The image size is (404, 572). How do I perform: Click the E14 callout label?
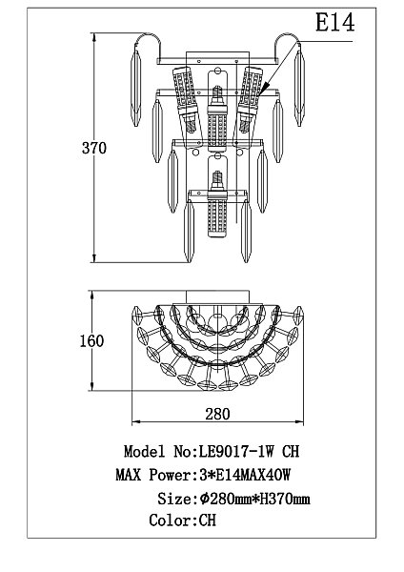pyautogui.click(x=334, y=22)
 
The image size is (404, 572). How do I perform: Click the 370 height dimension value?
pyautogui.click(x=94, y=148)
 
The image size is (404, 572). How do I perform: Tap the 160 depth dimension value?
pyautogui.click(x=91, y=340)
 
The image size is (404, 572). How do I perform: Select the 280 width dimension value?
pyautogui.click(x=217, y=414)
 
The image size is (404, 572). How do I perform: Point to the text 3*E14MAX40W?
pyautogui.click(x=246, y=475)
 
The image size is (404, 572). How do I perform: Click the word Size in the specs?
pyautogui.click(x=173, y=499)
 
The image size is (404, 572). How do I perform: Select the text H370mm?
pyautogui.click(x=284, y=499)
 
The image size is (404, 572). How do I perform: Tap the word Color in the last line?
pyautogui.click(x=172, y=521)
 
